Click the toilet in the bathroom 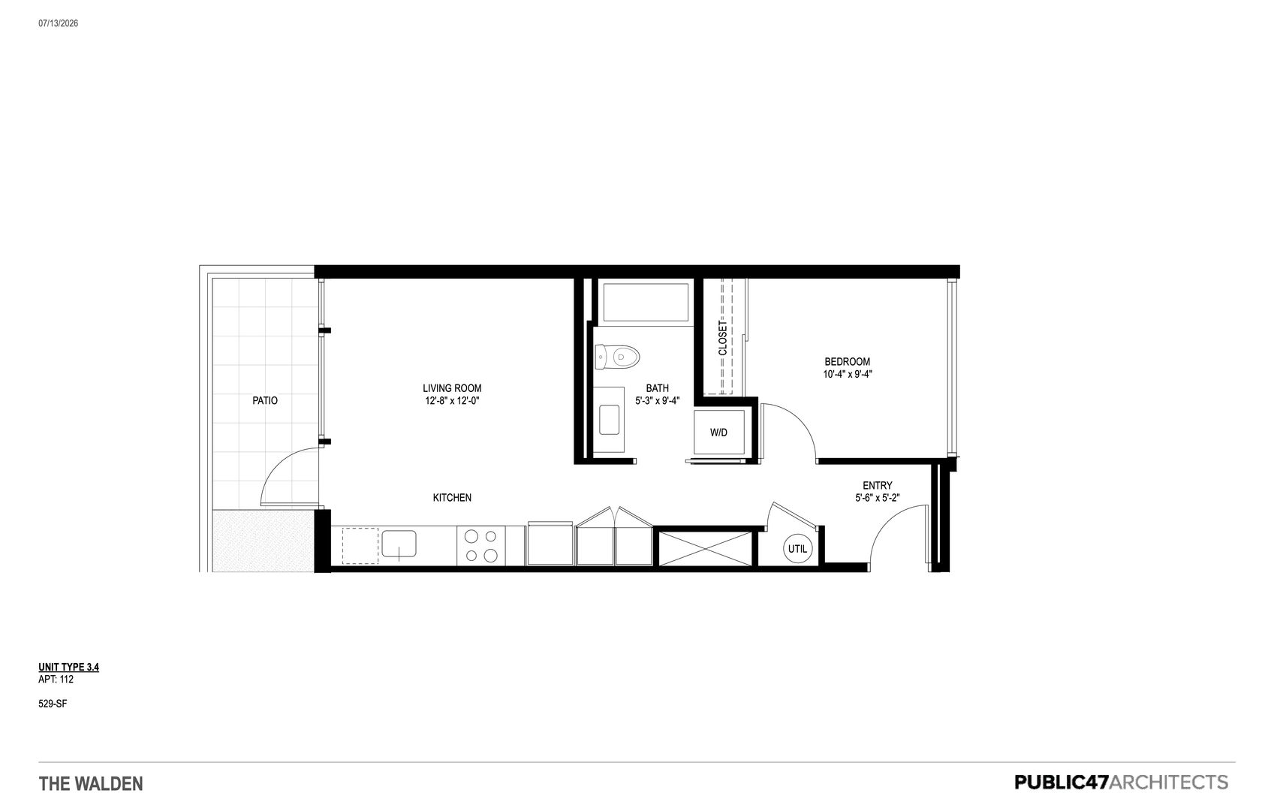(x=617, y=357)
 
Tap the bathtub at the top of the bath (x=646, y=302)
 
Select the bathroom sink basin (x=609, y=420)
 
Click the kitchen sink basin (x=399, y=544)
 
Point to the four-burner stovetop (x=480, y=546)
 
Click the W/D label (x=718, y=433)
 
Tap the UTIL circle (x=797, y=549)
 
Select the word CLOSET (x=722, y=339)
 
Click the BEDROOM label (x=847, y=362)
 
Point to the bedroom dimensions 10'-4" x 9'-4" (x=847, y=374)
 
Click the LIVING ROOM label (x=452, y=388)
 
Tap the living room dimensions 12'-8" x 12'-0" (x=452, y=401)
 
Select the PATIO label (x=265, y=401)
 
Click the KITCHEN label (x=452, y=498)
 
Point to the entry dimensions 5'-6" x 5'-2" (x=877, y=498)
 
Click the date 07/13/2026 (x=59, y=23)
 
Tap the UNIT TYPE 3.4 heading (x=69, y=667)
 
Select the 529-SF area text (x=53, y=704)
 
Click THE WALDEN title (x=91, y=784)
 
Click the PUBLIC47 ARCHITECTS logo (x=1121, y=782)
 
